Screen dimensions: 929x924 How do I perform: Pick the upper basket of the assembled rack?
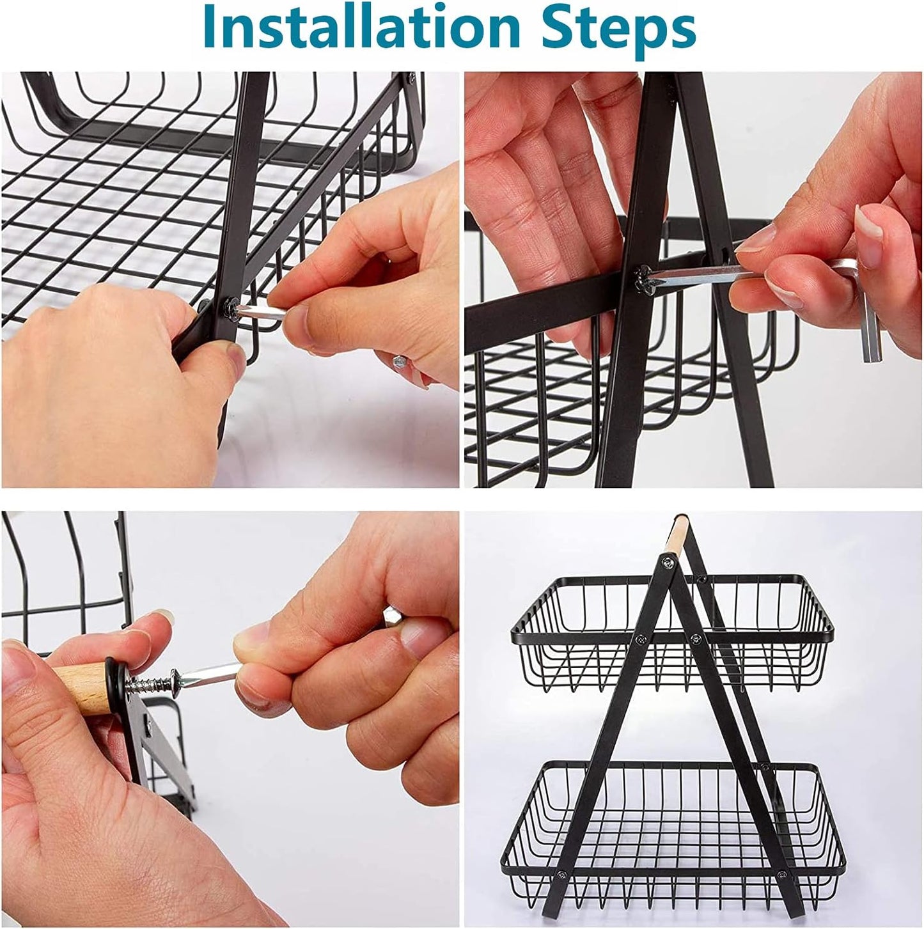coord(671,633)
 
